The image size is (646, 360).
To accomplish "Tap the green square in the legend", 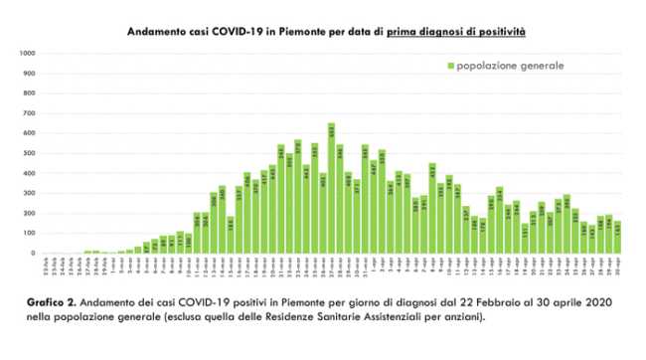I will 450,66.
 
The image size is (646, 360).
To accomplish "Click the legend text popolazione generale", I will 510,66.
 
